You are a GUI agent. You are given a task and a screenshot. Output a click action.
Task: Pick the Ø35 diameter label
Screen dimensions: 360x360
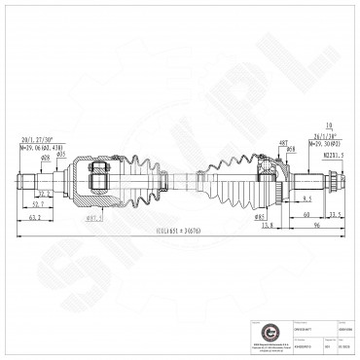point(60,154)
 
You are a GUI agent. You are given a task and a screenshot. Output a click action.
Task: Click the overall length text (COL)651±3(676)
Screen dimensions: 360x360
point(180,233)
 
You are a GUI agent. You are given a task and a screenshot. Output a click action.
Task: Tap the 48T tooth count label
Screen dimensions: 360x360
point(283,141)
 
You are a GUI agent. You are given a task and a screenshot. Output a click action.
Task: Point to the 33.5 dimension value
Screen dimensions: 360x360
point(334,214)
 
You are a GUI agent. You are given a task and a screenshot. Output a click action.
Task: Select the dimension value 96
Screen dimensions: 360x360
point(317,225)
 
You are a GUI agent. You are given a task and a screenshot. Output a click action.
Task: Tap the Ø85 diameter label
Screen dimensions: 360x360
point(260,215)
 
